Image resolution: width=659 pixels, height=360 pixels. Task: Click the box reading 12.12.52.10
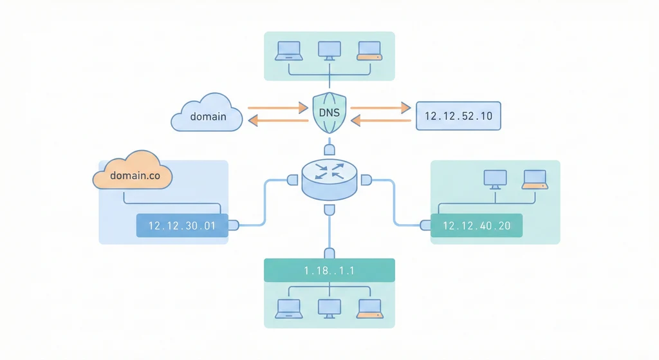pyautogui.click(x=458, y=117)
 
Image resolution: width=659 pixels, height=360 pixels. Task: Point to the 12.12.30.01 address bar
pyautogui.click(x=181, y=226)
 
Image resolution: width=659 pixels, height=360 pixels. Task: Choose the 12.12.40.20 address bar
pyautogui.click(x=476, y=226)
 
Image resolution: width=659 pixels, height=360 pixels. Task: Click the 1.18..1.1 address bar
pyautogui.click(x=329, y=270)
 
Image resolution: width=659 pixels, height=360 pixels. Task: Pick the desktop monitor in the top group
pyautogui.click(x=329, y=51)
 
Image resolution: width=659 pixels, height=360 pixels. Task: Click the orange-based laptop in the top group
pyautogui.click(x=369, y=51)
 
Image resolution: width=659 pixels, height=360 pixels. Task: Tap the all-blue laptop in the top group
pyautogui.click(x=288, y=51)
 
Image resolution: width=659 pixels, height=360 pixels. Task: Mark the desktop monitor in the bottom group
pyautogui.click(x=329, y=308)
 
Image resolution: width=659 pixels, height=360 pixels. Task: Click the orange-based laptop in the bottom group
pyautogui.click(x=369, y=308)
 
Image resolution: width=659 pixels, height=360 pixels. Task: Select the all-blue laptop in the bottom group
pyautogui.click(x=288, y=308)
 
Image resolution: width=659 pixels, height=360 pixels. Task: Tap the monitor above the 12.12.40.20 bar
pyautogui.click(x=496, y=179)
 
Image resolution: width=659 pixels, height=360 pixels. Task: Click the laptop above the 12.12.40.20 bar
pyautogui.click(x=535, y=179)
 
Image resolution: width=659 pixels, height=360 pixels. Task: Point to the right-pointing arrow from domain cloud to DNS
pyautogui.click(x=278, y=108)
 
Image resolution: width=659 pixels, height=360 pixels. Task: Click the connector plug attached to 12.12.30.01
pyautogui.click(x=234, y=225)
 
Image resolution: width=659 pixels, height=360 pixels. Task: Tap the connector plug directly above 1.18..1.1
pyautogui.click(x=329, y=252)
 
